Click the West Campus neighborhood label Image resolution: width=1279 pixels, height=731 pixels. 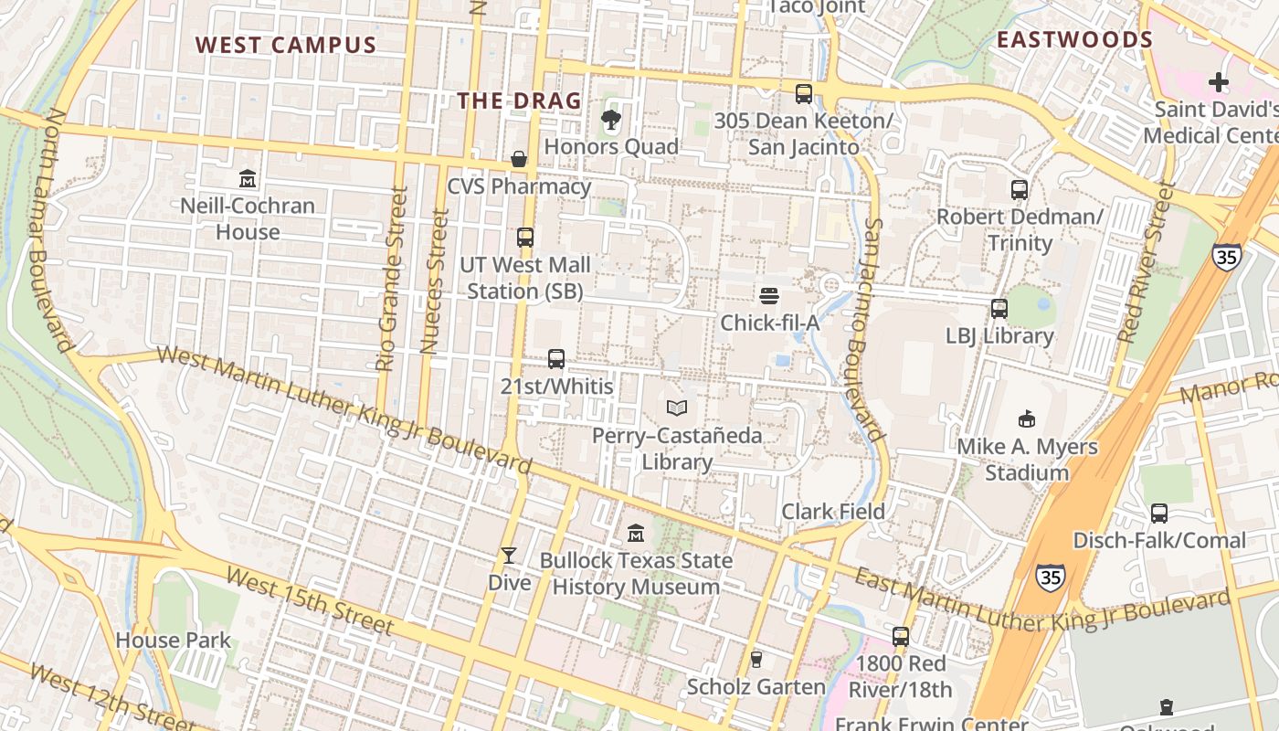285,45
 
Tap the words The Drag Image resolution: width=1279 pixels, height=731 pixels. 519,101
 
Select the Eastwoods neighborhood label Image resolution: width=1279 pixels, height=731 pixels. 1074,39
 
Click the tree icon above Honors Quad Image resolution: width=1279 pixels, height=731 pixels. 610,119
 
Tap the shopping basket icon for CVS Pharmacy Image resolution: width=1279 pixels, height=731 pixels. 519,159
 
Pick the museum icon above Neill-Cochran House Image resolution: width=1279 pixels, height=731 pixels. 247,178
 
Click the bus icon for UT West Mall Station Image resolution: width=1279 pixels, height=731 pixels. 524,238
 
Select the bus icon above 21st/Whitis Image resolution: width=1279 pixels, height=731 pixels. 556,359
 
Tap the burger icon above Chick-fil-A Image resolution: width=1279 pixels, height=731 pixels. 769,295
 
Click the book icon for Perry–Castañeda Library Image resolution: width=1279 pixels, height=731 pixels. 676,408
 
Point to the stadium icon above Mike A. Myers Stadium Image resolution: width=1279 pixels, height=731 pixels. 1027,419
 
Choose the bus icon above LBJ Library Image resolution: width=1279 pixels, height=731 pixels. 999,309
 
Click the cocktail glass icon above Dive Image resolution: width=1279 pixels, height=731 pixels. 509,555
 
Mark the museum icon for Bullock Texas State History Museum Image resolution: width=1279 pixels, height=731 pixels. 636,533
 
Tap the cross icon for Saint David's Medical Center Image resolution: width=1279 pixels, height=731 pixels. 1218,82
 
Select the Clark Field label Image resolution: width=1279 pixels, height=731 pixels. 833,512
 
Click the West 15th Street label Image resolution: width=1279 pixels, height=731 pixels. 310,600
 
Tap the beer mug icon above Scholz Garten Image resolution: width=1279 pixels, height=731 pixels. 756,659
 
